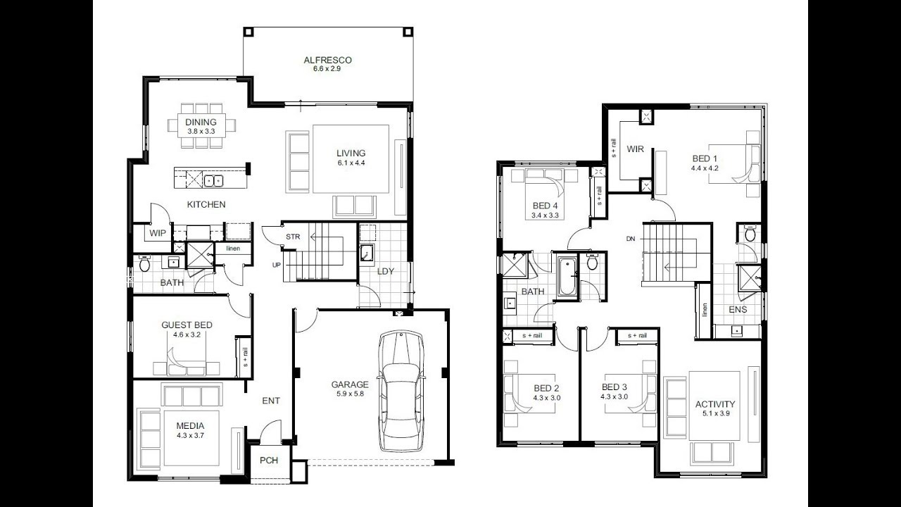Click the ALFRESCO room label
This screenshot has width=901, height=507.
[x=327, y=60]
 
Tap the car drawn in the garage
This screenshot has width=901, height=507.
[x=401, y=392]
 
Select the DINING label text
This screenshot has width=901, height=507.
[x=201, y=122]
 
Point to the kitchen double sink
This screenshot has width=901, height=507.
[x=213, y=181]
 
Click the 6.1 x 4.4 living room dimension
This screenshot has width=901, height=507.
[x=351, y=163]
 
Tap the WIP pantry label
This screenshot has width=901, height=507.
[x=157, y=233]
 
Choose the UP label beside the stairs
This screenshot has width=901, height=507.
[x=277, y=265]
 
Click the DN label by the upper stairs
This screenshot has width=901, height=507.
[x=631, y=239]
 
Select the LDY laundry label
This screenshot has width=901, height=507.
[x=385, y=271]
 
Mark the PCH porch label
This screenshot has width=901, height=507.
[x=269, y=461]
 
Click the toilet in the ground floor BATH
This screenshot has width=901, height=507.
[x=144, y=263]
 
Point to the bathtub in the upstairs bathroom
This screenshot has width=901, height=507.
[x=567, y=277]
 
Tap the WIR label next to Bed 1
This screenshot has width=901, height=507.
[x=635, y=149]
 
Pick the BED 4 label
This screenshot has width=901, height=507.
[x=545, y=206]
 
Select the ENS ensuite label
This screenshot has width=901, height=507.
[x=738, y=309]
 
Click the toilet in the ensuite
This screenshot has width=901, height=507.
[x=750, y=233]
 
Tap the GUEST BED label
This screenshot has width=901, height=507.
[x=187, y=325]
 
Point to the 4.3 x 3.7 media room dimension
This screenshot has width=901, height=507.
[x=190, y=435]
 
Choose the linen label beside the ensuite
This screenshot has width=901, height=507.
[x=705, y=310]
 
